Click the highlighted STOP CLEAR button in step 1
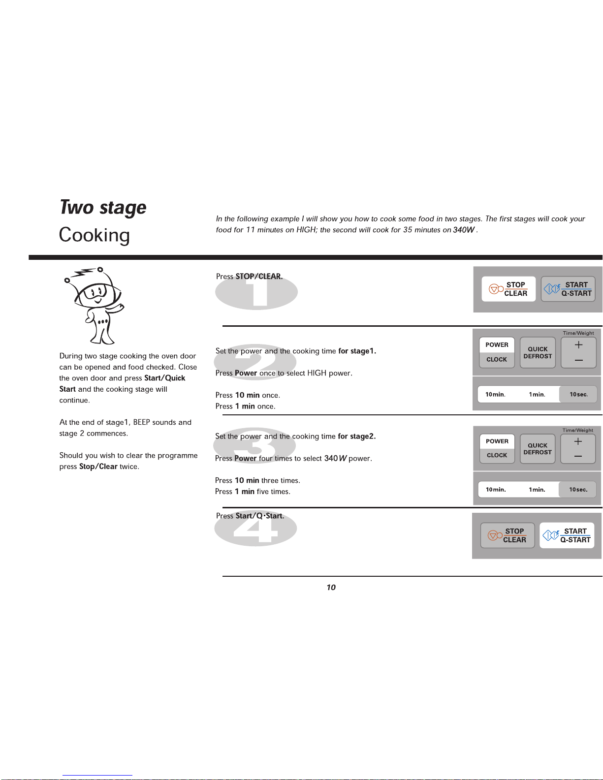pyautogui.click(x=508, y=289)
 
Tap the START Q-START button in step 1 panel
pyautogui.click(x=568, y=289)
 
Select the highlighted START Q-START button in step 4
pyautogui.click(x=567, y=535)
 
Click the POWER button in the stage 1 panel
pyautogui.click(x=497, y=345)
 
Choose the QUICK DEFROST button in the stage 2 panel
pyautogui.click(x=538, y=449)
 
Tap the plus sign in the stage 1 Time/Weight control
pyautogui.click(x=578, y=345)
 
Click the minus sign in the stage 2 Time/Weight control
pyautogui.click(x=578, y=456)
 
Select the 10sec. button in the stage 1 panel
pyautogui.click(x=578, y=395)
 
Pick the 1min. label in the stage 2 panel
pyautogui.click(x=537, y=490)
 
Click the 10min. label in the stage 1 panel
pyautogui.click(x=495, y=395)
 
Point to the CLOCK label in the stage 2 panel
pyautogui.click(x=497, y=455)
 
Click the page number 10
pyautogui.click(x=331, y=587)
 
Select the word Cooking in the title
pyautogui.click(x=94, y=235)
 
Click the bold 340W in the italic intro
pyautogui.click(x=464, y=230)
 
